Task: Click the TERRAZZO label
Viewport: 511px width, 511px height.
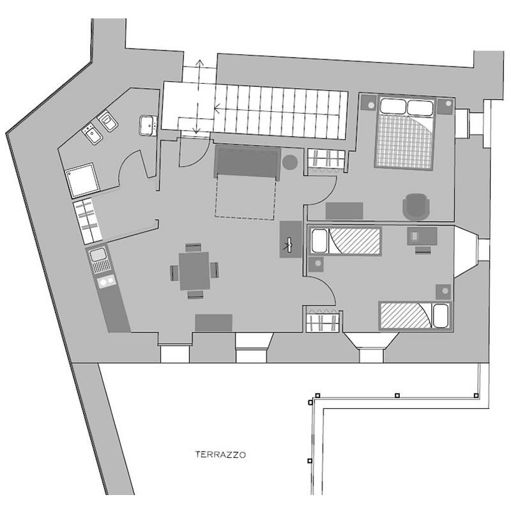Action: click(x=220, y=455)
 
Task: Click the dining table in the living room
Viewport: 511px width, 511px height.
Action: click(x=195, y=271)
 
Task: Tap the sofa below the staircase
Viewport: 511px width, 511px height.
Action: click(x=247, y=162)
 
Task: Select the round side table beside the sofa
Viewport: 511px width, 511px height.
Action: click(x=289, y=162)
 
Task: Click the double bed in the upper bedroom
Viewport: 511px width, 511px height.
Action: click(x=404, y=133)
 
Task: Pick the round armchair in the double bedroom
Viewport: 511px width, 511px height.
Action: click(x=416, y=206)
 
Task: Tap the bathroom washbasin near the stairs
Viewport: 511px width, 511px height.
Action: click(x=148, y=125)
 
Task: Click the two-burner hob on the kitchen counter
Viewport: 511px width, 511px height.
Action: click(x=107, y=281)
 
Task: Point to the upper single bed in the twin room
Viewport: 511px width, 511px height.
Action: click(x=346, y=241)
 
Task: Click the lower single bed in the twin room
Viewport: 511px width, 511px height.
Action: click(x=415, y=316)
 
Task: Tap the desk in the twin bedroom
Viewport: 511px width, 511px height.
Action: click(x=422, y=236)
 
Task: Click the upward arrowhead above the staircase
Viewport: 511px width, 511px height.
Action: click(x=199, y=63)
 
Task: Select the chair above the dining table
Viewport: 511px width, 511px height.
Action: click(x=194, y=248)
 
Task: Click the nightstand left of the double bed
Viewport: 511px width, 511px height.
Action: click(x=369, y=103)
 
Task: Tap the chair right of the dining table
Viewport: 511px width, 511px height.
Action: click(x=214, y=270)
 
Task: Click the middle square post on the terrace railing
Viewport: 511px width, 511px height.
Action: click(x=397, y=395)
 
